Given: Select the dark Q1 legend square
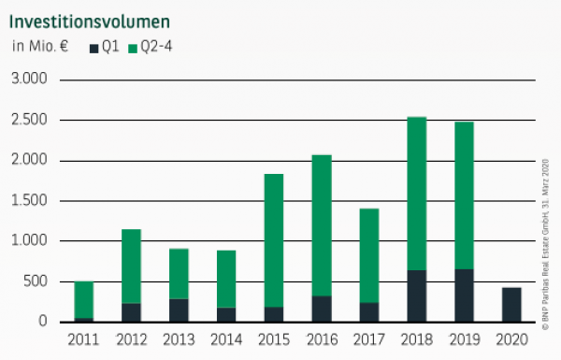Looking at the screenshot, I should click(93, 47).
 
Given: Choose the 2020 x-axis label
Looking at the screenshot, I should click(513, 338).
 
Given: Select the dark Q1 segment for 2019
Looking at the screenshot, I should click(465, 295).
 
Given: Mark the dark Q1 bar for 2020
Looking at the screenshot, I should click(512, 305).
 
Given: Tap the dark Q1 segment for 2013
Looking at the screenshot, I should click(179, 310).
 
